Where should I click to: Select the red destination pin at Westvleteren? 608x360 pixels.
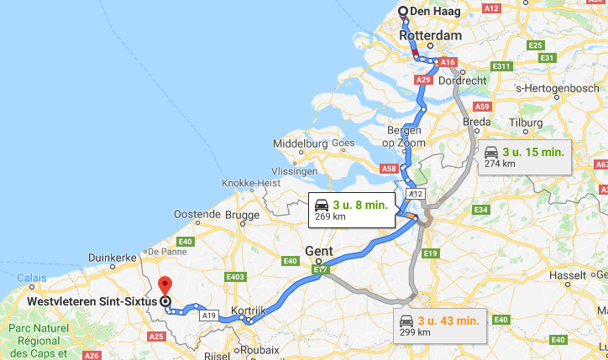[165, 285]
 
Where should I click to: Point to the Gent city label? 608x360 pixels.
[318, 251]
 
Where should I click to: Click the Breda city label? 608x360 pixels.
[477, 122]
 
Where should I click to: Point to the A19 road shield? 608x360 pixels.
[209, 316]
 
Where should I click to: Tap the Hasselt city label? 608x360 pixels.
[569, 274]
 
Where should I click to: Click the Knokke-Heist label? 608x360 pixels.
[250, 183]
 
